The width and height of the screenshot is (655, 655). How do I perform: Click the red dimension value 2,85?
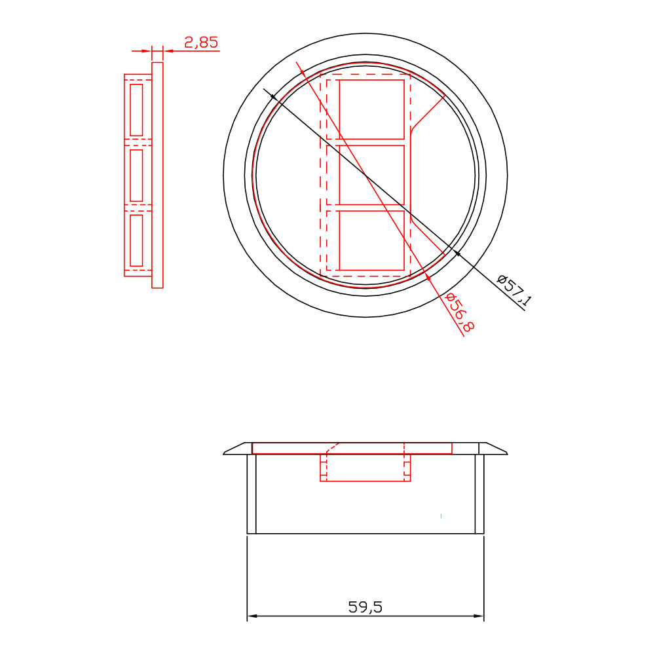tap(201, 43)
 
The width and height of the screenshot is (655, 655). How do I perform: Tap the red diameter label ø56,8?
tap(460, 312)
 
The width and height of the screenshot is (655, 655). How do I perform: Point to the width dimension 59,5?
tap(365, 607)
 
